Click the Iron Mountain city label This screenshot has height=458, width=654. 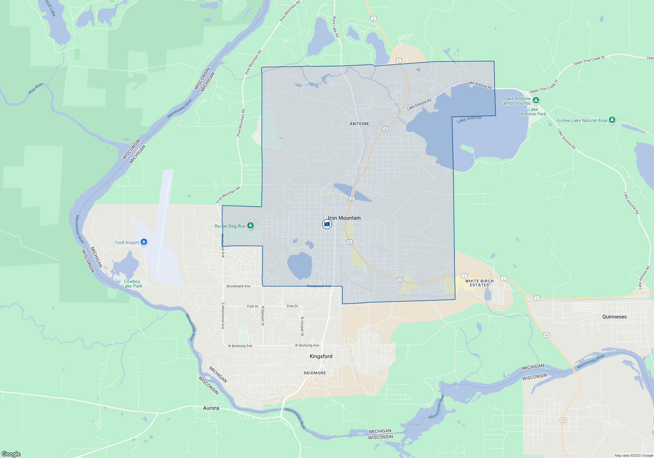pyautogui.click(x=344, y=218)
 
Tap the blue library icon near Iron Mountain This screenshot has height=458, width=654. pyautogui.click(x=327, y=224)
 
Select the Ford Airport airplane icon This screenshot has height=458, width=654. pyautogui.click(x=144, y=242)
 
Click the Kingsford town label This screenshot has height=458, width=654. pyautogui.click(x=321, y=356)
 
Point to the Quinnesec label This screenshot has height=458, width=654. pyautogui.click(x=614, y=317)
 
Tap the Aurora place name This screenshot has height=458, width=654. pyautogui.click(x=211, y=408)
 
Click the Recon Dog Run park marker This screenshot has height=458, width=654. pyautogui.click(x=250, y=225)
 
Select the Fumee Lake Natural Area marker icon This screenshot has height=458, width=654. pyautogui.click(x=612, y=120)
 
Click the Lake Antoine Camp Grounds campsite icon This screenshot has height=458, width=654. pyautogui.click(x=536, y=100)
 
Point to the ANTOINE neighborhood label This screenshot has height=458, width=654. pyautogui.click(x=359, y=124)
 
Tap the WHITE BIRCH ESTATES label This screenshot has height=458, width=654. pyautogui.click(x=479, y=283)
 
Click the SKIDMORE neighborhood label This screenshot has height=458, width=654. pyautogui.click(x=315, y=373)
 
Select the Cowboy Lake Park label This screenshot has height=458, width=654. pyautogui.click(x=132, y=284)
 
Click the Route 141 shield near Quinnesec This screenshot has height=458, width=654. pyautogui.click(x=546, y=335)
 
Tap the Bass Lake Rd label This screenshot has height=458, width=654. pyautogui.click(x=336, y=27)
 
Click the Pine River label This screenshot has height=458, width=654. pyautogui.click(x=36, y=88)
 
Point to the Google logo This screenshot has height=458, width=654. pyautogui.click(x=11, y=454)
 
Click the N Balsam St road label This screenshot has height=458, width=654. pyautogui.click(x=263, y=316)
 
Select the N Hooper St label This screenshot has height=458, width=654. pyautogui.click(x=302, y=326)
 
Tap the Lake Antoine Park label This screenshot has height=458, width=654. pyautogui.click(x=533, y=112)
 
